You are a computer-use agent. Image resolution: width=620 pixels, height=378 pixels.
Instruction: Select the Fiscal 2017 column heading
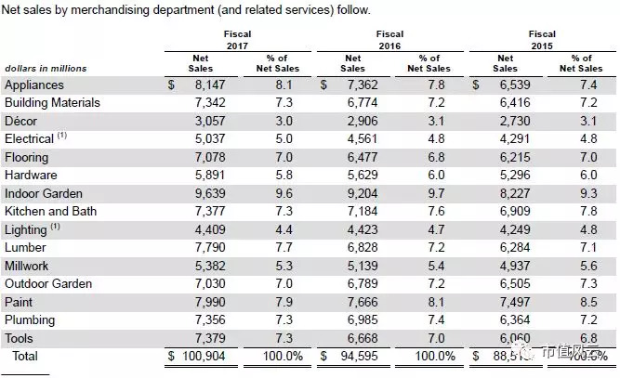(237, 40)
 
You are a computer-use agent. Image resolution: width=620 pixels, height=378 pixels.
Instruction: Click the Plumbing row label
(31, 320)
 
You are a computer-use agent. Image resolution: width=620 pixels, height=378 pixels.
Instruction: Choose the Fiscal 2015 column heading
(544, 40)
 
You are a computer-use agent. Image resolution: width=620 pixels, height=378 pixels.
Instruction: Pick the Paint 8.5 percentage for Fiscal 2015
(588, 302)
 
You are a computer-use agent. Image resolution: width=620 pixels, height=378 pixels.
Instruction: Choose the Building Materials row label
(52, 102)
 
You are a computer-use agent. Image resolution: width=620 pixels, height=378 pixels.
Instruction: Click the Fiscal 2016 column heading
(389, 40)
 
